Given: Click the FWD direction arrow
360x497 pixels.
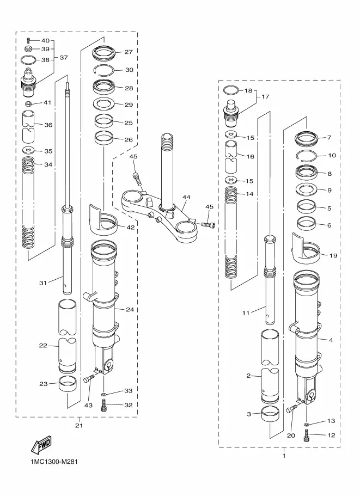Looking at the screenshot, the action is [x=41, y=444].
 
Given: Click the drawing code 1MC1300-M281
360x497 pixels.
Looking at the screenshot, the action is [x=54, y=462].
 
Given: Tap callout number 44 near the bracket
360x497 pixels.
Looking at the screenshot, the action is [x=186, y=197].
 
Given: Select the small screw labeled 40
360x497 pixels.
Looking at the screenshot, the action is [x=28, y=41].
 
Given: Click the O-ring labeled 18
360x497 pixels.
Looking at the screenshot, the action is [x=230, y=90].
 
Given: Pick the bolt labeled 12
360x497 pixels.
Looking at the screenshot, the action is [x=307, y=435].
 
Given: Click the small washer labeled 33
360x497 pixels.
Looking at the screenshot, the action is [x=103, y=394].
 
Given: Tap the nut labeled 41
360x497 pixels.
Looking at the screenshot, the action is [x=28, y=103].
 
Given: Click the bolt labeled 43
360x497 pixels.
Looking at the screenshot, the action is [x=89, y=379].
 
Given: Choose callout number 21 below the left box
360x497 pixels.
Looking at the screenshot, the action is [x=78, y=425].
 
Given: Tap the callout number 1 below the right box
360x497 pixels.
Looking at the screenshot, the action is [x=284, y=456].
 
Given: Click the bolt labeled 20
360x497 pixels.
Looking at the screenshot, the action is [x=292, y=409].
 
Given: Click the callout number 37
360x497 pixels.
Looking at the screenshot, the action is [x=64, y=58].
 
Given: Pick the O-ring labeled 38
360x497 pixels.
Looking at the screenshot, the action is [x=28, y=59].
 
